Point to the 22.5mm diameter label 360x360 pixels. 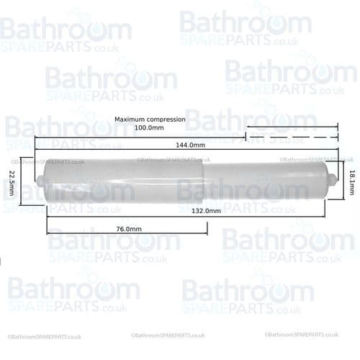click(x=13, y=181)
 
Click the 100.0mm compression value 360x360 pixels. click(x=150, y=127)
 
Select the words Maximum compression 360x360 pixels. click(x=150, y=119)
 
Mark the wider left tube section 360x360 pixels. click(x=122, y=181)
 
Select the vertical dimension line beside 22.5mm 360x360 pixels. click(x=23, y=181)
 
